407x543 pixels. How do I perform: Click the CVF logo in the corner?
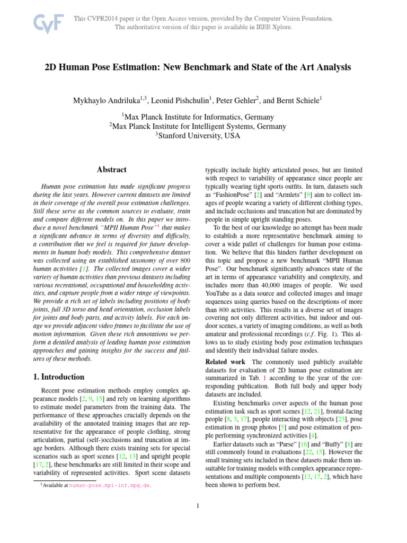point(48,23)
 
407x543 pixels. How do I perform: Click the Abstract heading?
point(111,170)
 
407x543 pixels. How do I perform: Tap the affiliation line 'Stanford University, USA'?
point(197,136)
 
